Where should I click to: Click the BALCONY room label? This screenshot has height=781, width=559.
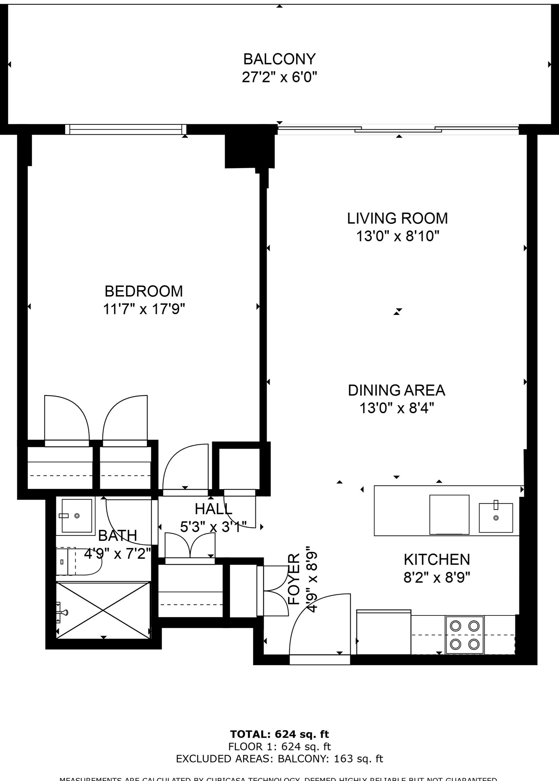279,58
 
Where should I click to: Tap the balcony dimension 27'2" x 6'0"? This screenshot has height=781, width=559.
279,77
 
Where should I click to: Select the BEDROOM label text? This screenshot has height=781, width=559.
144,291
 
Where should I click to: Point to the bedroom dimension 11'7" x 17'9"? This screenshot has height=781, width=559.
144,309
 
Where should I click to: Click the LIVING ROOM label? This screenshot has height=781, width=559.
397,218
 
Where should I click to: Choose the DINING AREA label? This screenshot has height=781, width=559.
396,390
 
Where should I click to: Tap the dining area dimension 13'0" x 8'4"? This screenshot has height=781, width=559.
396,408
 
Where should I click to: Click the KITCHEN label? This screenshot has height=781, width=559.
436,559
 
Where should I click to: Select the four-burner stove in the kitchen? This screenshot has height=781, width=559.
464,635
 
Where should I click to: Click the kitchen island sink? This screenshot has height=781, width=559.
496,518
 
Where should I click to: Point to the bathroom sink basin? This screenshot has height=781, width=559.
77,516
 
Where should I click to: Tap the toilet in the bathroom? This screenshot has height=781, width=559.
79,562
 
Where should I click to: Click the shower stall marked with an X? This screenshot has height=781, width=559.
103,610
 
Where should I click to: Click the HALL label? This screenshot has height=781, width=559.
213,509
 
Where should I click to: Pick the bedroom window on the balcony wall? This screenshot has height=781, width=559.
126,129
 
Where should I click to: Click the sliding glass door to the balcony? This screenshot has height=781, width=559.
398,129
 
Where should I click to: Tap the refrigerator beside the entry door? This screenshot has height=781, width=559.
383,632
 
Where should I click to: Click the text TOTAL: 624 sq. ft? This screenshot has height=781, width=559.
279,734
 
